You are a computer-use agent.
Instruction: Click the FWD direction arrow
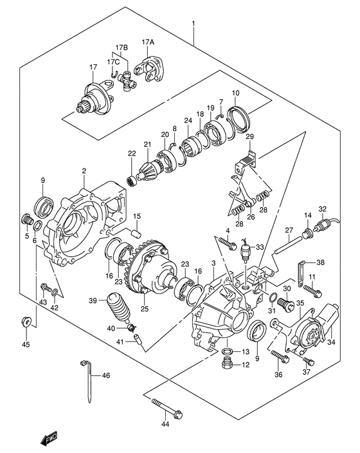pyautogui.click(x=50, y=439)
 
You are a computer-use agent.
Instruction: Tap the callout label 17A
pyautogui.click(x=148, y=42)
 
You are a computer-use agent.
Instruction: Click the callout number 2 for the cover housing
pyautogui.click(x=84, y=171)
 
